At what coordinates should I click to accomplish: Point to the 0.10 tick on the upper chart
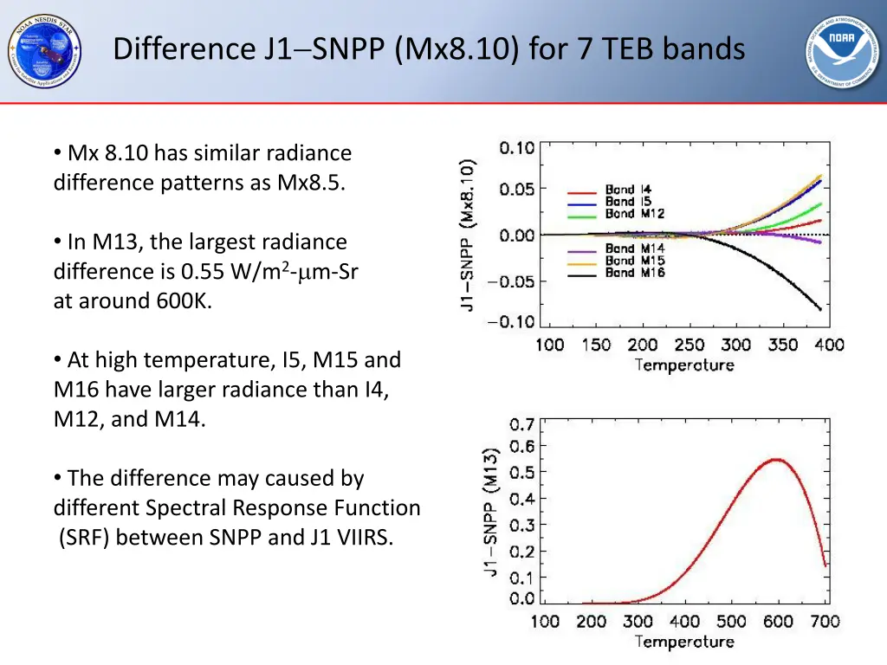[x=516, y=148]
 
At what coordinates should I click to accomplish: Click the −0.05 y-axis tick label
[x=510, y=281]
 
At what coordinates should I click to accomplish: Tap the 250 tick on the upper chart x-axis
[x=690, y=345]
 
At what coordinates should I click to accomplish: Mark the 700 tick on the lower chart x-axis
[x=825, y=621]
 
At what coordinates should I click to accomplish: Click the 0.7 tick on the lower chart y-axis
[x=521, y=425]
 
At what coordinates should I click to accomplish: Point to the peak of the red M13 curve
[x=776, y=459]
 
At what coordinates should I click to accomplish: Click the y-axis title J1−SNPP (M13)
[x=491, y=513]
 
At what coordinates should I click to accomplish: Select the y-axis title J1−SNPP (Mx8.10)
[x=467, y=236]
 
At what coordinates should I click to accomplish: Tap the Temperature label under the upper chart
[x=684, y=365]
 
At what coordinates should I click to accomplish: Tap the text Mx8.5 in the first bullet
[x=310, y=183]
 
